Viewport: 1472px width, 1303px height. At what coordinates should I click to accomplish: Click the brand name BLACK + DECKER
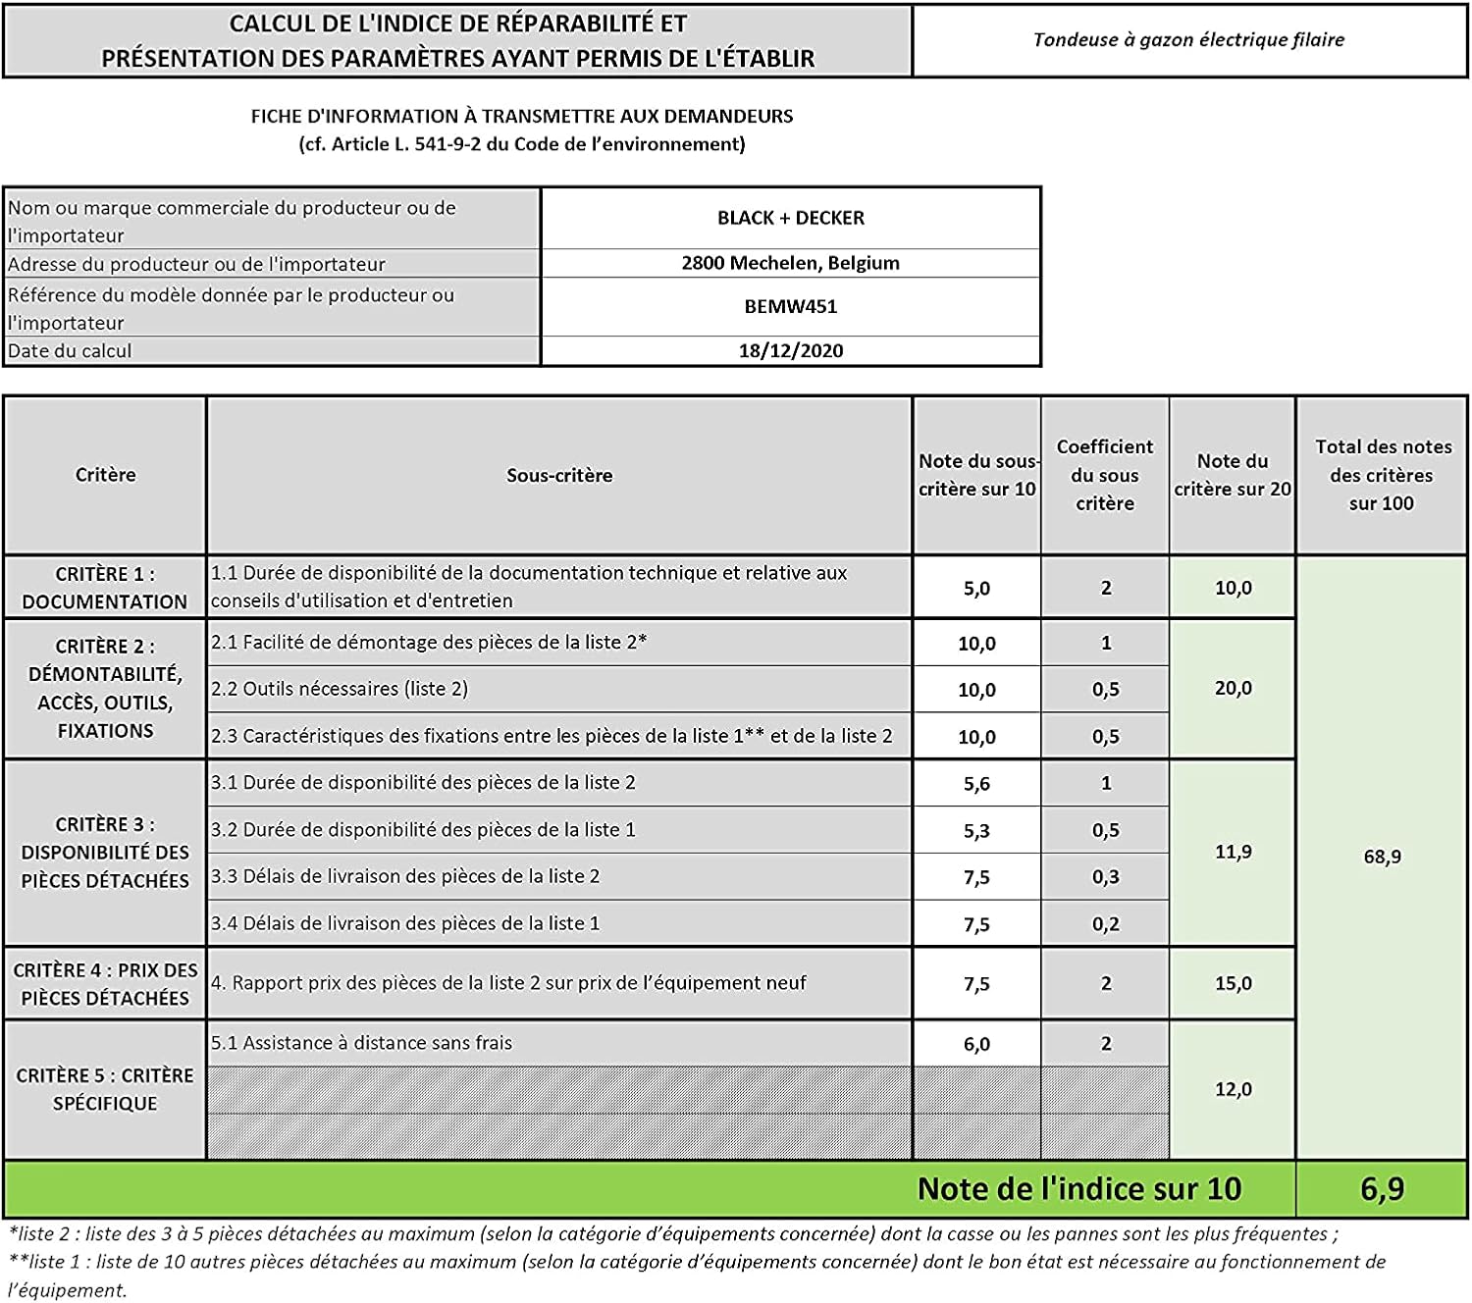click(791, 218)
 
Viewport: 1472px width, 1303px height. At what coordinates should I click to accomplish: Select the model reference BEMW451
click(791, 306)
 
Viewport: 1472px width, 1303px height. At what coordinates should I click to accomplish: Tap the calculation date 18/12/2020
click(791, 351)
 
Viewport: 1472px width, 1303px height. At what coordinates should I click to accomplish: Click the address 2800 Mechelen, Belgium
click(791, 263)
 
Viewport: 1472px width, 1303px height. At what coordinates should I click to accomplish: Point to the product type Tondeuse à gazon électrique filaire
click(1188, 40)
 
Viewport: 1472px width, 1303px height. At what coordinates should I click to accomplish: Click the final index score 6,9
click(1382, 1189)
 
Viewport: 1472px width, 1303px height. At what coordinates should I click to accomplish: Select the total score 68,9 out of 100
click(1382, 857)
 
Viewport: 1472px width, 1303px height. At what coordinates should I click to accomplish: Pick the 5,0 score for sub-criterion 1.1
click(976, 589)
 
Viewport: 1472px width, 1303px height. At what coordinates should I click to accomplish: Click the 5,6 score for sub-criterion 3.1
click(976, 784)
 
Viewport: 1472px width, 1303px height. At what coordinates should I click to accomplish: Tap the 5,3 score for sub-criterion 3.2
click(976, 831)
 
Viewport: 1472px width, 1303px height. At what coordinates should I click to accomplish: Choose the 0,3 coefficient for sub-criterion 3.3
click(1105, 877)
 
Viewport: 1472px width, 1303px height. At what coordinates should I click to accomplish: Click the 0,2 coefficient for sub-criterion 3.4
click(1105, 924)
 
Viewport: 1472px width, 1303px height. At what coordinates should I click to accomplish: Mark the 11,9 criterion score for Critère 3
click(1233, 852)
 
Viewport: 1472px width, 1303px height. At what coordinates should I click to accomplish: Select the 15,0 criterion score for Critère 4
click(1233, 983)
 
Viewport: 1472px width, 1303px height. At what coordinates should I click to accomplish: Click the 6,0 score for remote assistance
click(976, 1044)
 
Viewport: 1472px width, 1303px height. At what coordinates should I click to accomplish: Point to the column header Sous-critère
click(559, 476)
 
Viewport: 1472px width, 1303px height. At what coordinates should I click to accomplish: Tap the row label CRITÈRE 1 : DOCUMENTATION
click(105, 588)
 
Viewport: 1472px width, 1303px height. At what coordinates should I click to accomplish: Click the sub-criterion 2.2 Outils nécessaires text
click(340, 689)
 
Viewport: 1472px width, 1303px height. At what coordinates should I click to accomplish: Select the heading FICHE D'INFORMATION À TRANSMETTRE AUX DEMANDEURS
click(522, 117)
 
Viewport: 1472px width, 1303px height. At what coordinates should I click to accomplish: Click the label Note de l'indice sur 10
click(1079, 1189)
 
